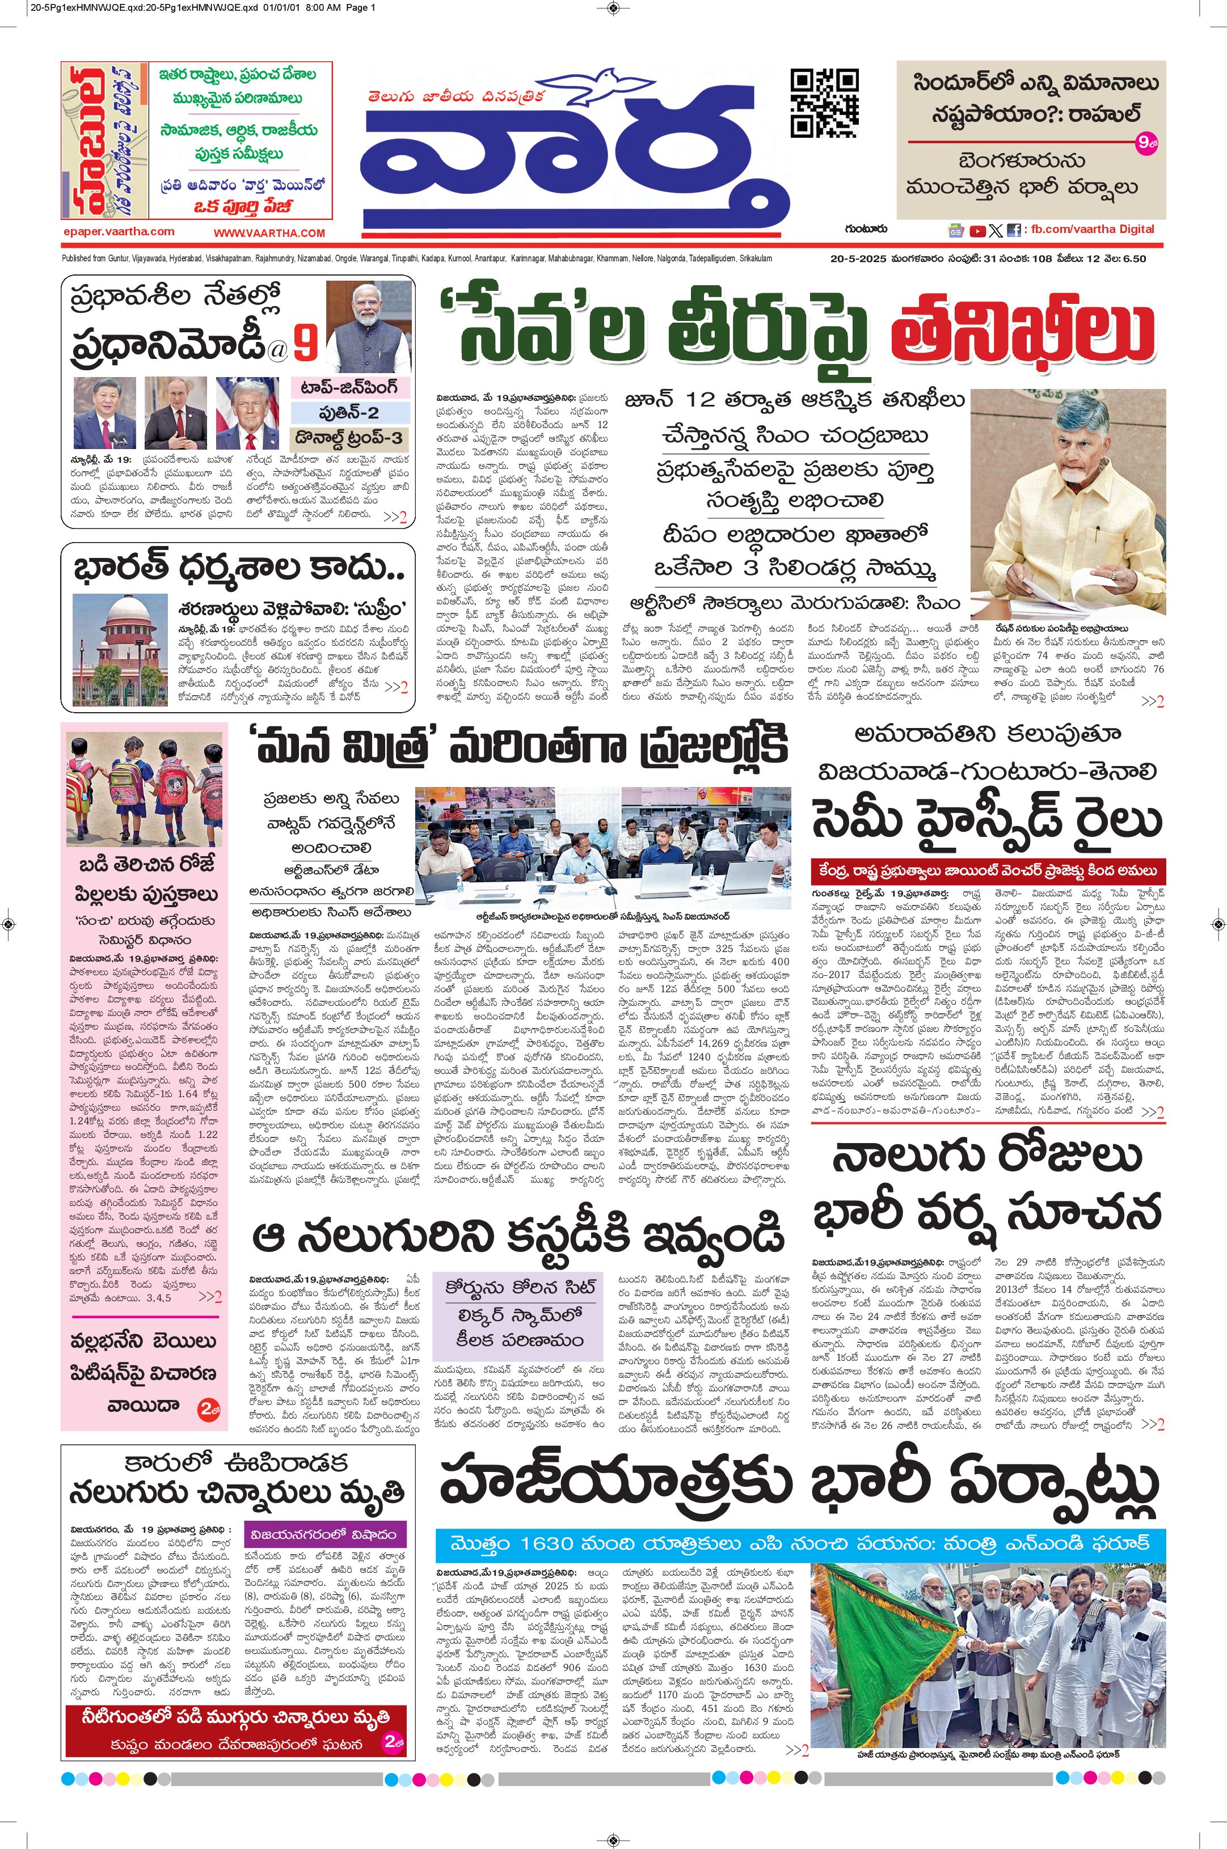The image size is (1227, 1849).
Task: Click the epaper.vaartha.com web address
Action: [119, 231]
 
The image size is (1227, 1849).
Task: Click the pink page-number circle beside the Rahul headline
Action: [1144, 142]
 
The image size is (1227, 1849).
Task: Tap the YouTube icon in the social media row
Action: [977, 231]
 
